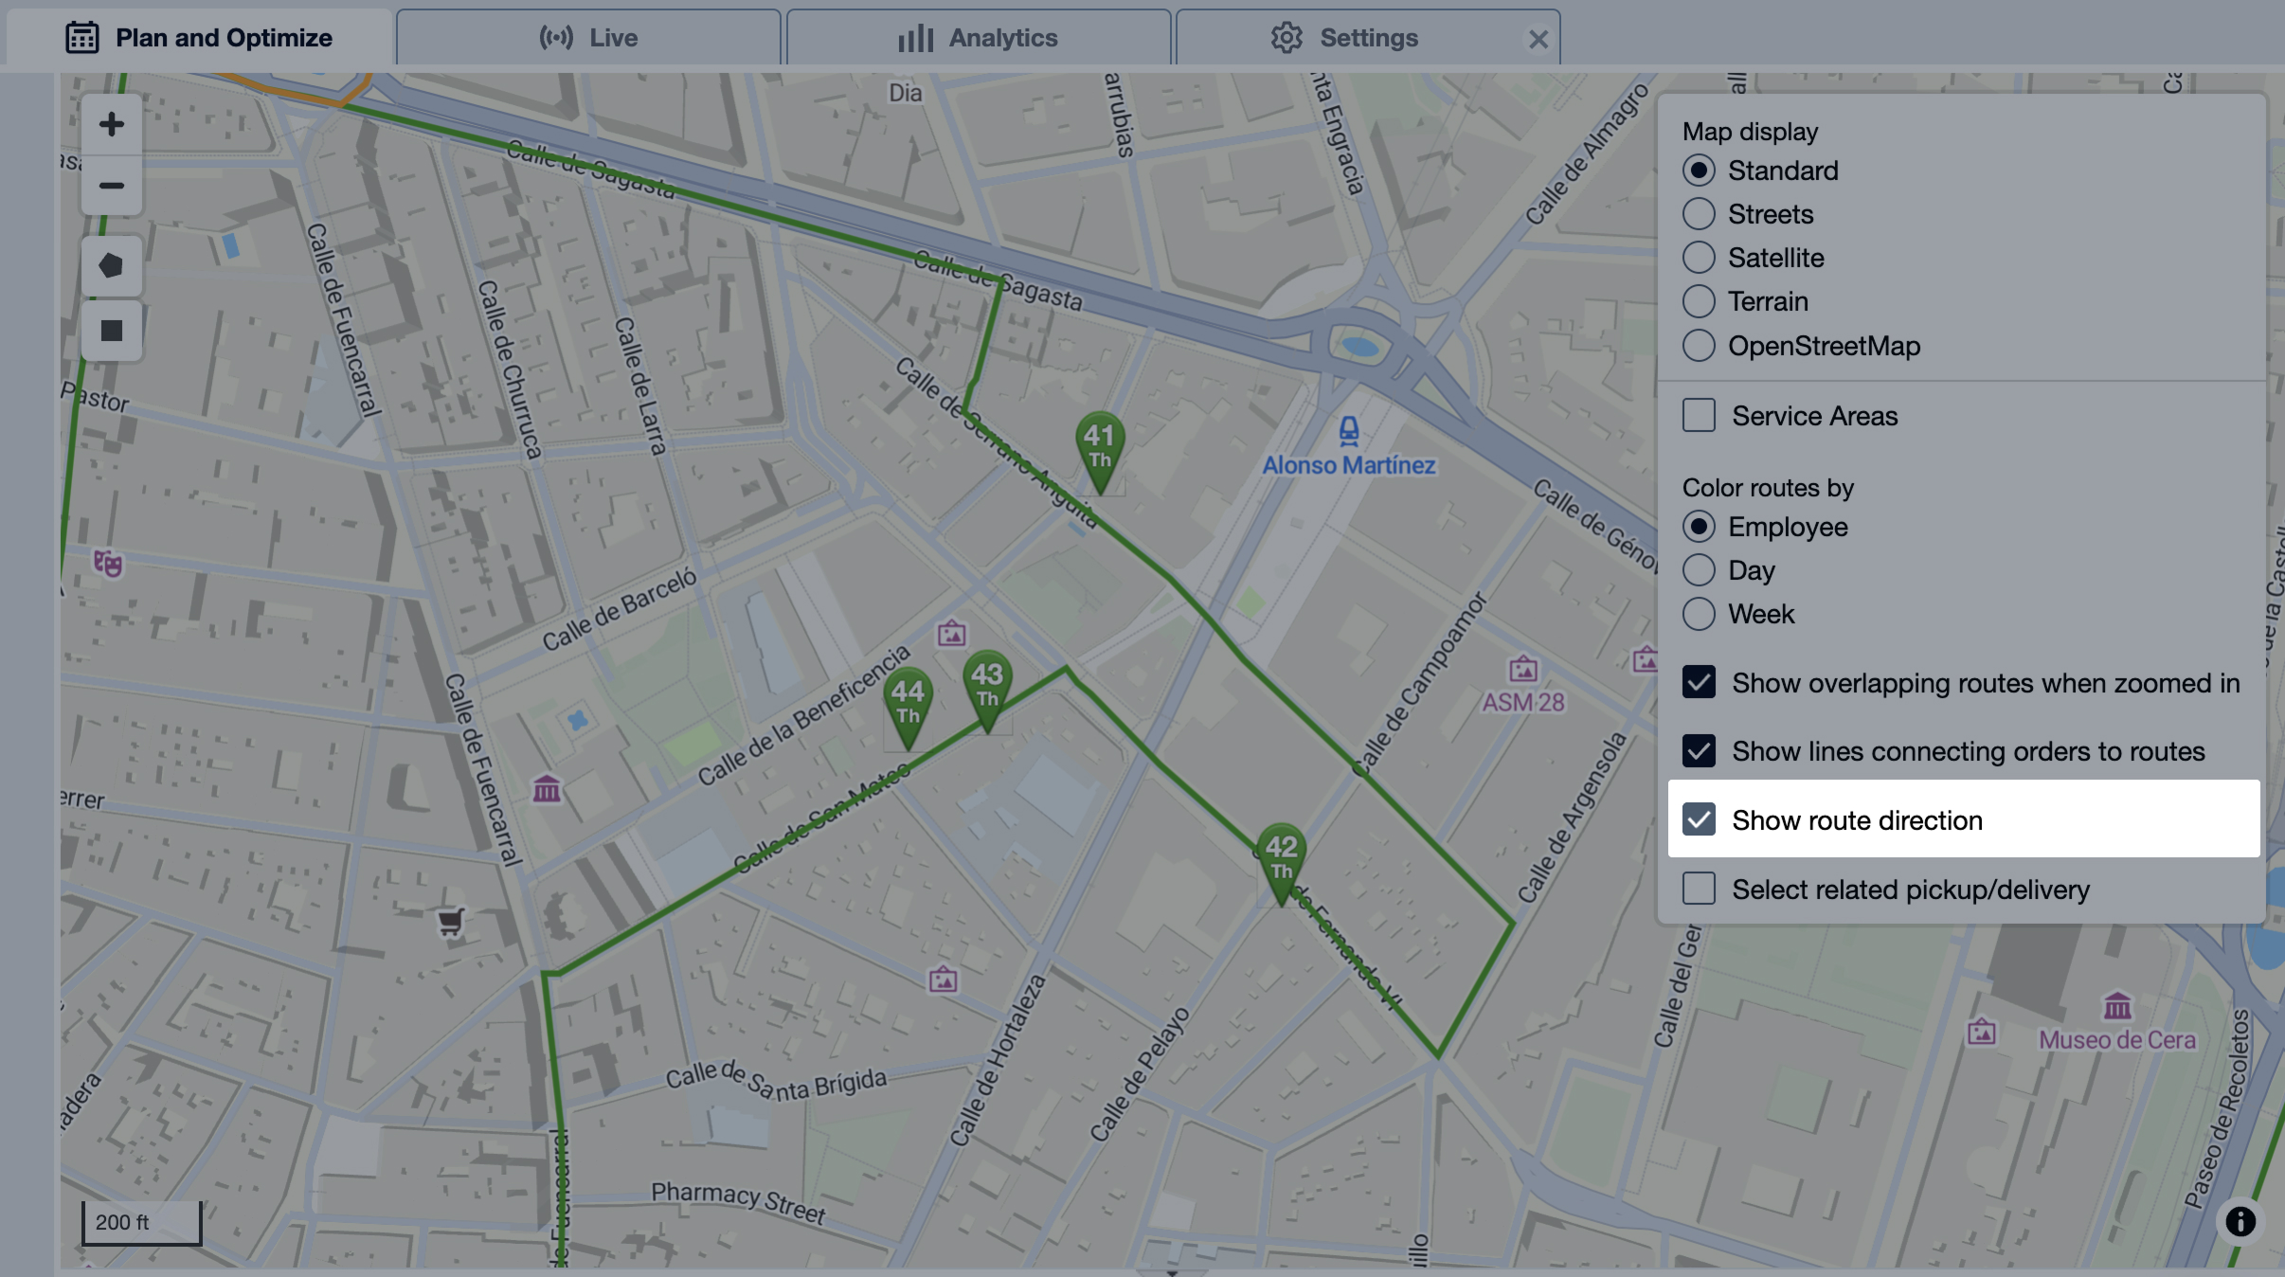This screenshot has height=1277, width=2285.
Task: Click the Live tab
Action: pos(588,38)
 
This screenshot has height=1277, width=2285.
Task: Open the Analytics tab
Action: pos(978,38)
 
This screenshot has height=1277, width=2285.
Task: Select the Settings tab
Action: pos(1345,38)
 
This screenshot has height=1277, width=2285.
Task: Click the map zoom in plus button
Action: pos(112,124)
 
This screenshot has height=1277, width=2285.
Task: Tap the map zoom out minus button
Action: pos(112,186)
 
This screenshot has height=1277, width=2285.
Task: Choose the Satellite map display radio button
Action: pos(1699,258)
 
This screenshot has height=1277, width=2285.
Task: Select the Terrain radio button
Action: pos(1699,301)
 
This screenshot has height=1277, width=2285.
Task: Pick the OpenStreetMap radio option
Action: pos(1699,346)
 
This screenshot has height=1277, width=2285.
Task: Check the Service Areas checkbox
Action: pos(1699,415)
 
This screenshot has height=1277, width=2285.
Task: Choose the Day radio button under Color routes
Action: pos(1699,570)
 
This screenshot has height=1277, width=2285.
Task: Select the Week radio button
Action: pos(1699,614)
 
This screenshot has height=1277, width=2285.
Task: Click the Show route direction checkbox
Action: pos(1699,819)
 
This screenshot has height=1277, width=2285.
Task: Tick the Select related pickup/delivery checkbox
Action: pos(1699,889)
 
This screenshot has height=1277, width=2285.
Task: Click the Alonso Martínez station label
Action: pos(1349,465)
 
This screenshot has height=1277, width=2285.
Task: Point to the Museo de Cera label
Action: pos(2116,1039)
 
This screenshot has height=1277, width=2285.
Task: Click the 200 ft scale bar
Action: pos(141,1222)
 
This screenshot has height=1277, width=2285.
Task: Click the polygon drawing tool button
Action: pos(112,266)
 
